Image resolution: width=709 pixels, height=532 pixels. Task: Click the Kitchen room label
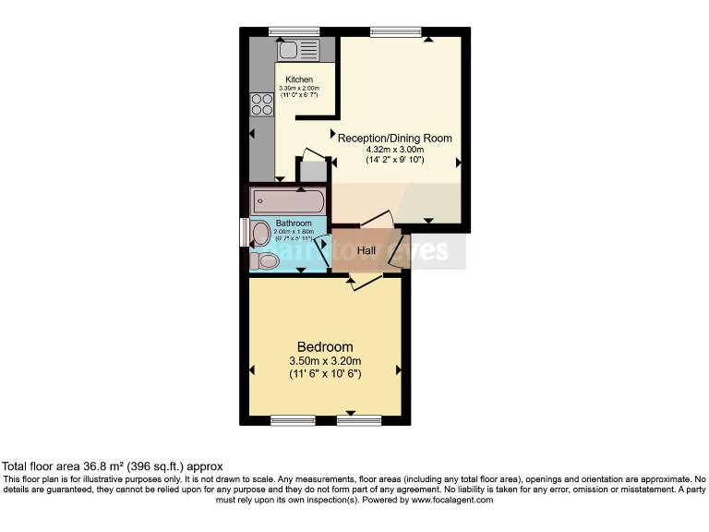click(298, 79)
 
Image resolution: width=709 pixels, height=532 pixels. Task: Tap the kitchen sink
click(298, 49)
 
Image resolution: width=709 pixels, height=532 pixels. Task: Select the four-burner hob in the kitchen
click(262, 104)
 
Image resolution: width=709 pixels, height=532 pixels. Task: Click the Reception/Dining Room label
click(395, 139)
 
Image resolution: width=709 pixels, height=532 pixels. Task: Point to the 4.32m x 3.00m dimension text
click(395, 150)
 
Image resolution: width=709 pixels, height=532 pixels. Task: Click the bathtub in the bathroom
click(286, 200)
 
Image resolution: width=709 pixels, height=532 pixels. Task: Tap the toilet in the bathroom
click(264, 261)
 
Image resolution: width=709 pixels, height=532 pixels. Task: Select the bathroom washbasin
click(261, 232)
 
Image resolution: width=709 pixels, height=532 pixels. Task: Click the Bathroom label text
click(294, 223)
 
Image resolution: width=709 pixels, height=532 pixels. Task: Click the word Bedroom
click(324, 347)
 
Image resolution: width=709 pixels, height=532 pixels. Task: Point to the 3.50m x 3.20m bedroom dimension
click(324, 361)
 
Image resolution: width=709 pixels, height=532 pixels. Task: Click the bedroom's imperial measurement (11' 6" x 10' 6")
click(324, 374)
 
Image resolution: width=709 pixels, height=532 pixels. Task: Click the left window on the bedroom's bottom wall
click(294, 420)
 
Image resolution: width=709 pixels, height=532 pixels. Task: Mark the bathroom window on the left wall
click(244, 232)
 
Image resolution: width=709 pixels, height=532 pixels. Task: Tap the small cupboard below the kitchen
click(312, 170)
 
